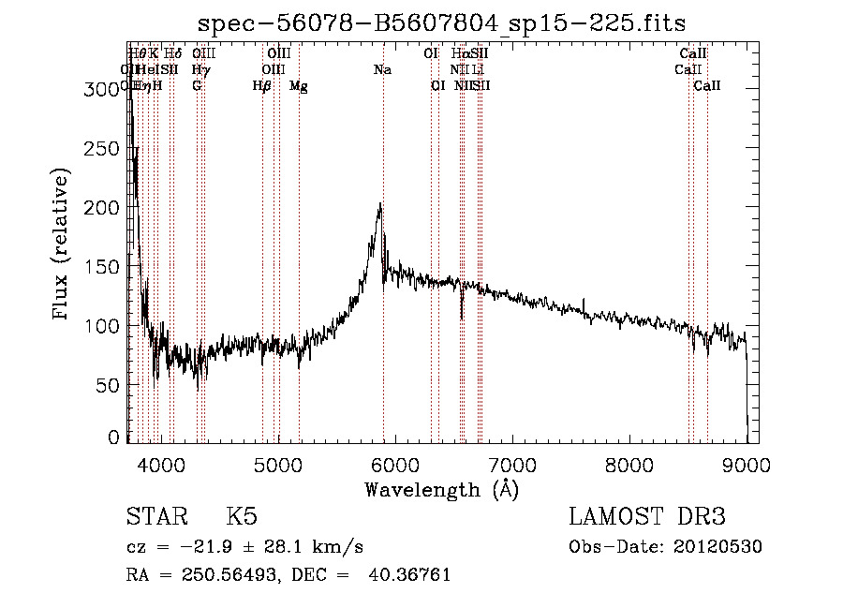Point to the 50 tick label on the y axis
111,385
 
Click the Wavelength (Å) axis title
441,489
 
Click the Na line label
382,70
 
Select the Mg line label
299,86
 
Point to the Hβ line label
262,86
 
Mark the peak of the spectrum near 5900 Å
380,204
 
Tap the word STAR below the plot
155,516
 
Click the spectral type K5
241,516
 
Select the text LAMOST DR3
647,516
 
